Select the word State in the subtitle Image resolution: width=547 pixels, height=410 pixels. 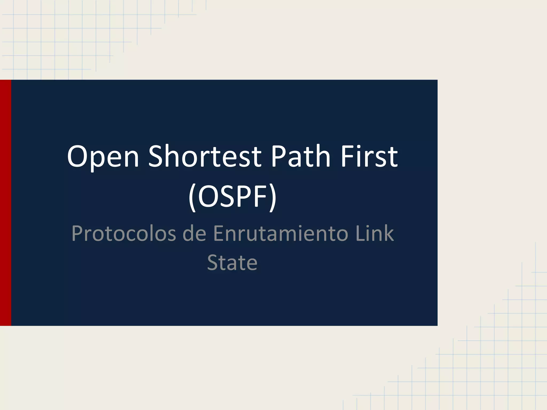click(x=232, y=263)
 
